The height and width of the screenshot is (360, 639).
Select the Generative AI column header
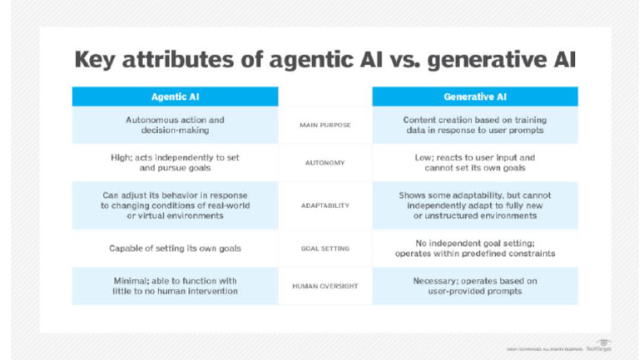474,97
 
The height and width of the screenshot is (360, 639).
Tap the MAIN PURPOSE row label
325,125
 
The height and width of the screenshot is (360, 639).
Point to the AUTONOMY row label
325,163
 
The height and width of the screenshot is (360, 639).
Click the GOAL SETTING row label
325,248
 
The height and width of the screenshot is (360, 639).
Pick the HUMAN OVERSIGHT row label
325,286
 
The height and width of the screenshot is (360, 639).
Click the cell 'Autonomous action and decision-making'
175,125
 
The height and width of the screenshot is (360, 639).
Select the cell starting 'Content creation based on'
474,125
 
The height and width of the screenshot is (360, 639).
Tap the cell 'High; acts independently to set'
175,162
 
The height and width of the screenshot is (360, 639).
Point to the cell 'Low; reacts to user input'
474,162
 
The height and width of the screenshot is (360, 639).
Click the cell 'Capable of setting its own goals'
175,248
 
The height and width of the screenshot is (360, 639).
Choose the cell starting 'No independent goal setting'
474,248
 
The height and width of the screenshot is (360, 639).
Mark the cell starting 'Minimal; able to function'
175,286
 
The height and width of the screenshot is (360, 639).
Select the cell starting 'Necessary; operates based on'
474,286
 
